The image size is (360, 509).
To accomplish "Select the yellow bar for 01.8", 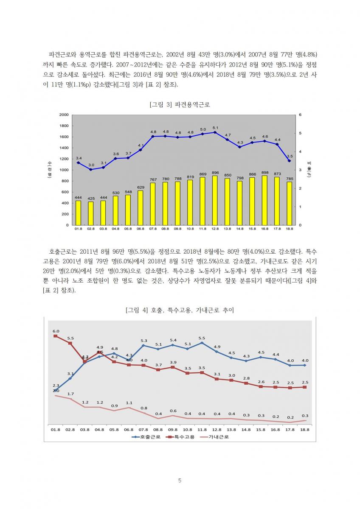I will (78, 213).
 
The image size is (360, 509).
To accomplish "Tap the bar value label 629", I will (141, 187).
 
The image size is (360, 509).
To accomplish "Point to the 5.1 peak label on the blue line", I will (215, 128).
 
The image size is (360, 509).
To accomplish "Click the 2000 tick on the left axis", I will (64, 115).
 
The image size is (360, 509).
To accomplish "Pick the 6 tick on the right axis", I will (300, 115).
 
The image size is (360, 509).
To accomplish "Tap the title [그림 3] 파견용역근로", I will (180, 105).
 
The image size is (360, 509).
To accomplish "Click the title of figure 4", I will (180, 310).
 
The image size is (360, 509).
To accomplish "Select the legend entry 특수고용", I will (180, 436).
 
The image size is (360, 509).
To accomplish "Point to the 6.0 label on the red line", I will (56, 331).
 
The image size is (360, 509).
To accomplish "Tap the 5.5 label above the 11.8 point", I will (202, 338).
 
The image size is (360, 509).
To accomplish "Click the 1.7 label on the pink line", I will (70, 394).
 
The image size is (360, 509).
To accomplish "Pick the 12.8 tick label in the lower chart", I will (217, 429).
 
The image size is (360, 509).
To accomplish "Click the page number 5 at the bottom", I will (180, 481).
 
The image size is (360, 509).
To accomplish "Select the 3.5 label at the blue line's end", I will (289, 156).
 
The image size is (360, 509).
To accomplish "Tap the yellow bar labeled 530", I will (116, 210).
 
